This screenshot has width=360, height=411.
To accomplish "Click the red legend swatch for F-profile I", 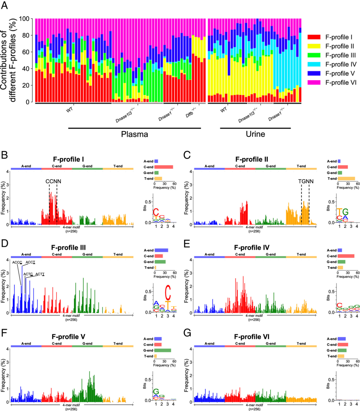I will click(314, 37).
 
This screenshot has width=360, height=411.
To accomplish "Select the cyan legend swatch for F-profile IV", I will click(314, 64).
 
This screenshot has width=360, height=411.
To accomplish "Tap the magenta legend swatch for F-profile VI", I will click(314, 82).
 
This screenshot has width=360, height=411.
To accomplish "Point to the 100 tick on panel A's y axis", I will click(24, 19).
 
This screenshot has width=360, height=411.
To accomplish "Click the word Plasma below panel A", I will click(134, 134).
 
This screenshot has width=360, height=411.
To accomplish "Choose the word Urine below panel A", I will click(255, 134).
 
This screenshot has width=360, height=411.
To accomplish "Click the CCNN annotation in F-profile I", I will click(53, 182).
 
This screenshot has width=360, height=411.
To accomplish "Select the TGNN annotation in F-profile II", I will click(306, 182).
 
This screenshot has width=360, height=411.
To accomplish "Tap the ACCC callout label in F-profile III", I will click(17, 262).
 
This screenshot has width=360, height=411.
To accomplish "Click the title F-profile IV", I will click(252, 248).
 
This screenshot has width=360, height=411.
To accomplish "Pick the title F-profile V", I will click(69, 337).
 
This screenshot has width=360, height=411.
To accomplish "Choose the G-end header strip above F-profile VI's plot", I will click(271, 346).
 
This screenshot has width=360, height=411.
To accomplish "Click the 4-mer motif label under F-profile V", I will click(71, 405).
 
